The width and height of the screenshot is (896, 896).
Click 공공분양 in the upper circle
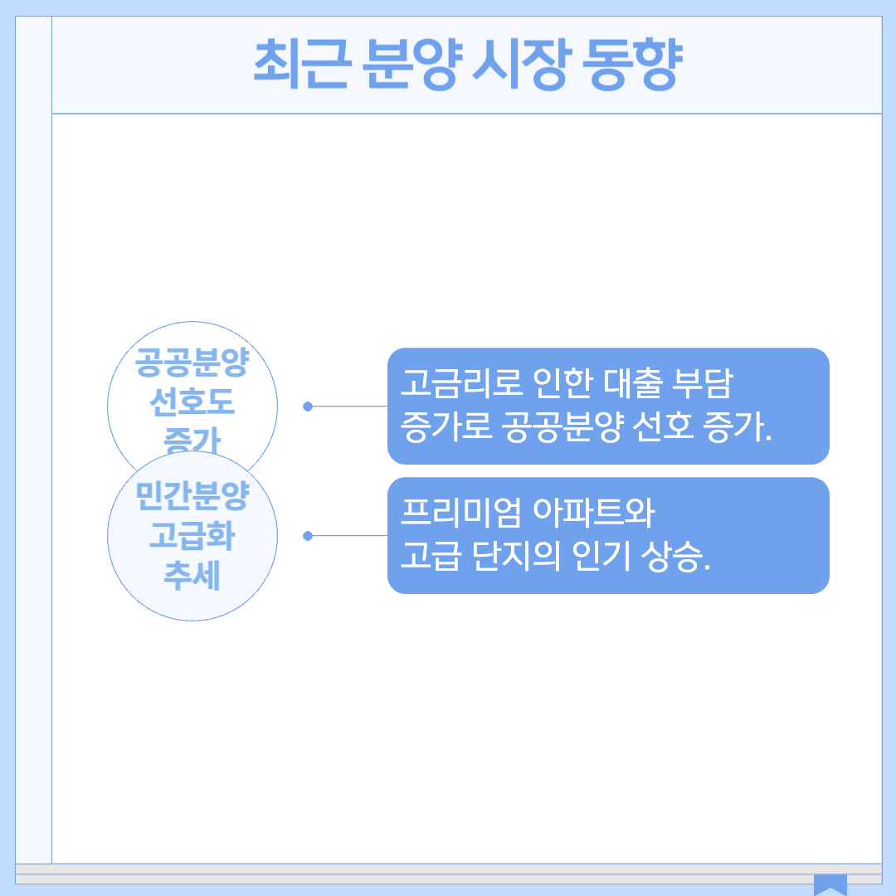click(192, 364)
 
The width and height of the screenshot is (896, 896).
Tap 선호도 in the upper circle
click(192, 403)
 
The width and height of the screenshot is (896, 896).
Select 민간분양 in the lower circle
click(192, 498)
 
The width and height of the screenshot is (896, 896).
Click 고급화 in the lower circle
click(192, 537)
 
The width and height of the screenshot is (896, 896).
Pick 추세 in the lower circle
click(192, 575)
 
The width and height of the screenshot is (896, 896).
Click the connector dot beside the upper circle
click(308, 407)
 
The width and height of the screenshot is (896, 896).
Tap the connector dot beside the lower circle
click(308, 536)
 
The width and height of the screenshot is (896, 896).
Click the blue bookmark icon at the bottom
click(830, 884)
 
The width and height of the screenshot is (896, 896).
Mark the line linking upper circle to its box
click(348, 407)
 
